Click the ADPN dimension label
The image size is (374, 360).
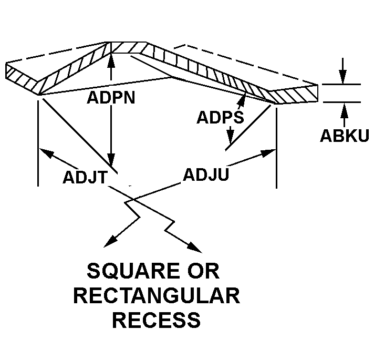pos(111,98)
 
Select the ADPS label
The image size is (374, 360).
pos(220,118)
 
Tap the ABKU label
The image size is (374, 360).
pos(345,136)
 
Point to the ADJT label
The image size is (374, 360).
pos(85,177)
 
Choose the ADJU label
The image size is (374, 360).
pos(205,174)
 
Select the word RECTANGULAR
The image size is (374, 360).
pos(157,296)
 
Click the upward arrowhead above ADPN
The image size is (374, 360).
pos(110,59)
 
